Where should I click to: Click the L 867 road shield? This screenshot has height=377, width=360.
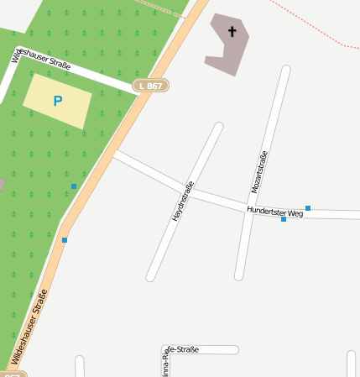point(151,86)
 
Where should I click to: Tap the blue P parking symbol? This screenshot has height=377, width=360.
point(57,102)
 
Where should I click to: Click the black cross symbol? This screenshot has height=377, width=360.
point(232,33)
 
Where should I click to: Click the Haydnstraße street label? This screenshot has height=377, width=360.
point(183,201)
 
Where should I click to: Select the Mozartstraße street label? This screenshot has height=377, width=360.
point(259,172)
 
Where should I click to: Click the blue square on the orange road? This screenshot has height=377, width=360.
point(65,240)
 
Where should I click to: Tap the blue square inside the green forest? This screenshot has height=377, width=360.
point(74,186)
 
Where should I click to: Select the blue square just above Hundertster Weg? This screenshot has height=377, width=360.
point(308,207)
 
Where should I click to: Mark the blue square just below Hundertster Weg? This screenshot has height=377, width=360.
point(284,219)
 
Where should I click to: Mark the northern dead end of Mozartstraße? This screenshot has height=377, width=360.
point(286,70)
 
